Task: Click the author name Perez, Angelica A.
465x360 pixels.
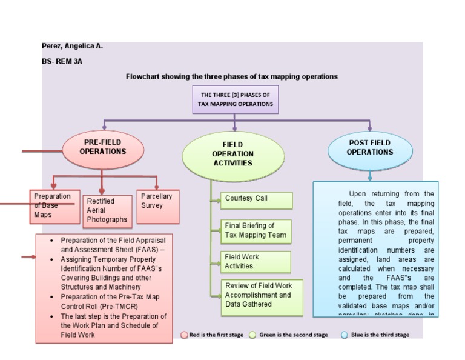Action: coord(72,46)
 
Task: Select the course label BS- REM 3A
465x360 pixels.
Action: coord(62,61)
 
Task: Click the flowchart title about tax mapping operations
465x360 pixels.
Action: coord(231,77)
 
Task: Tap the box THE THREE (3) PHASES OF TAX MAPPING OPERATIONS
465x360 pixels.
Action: coord(236,99)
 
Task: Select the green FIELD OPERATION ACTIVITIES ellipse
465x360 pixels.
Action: coord(232,154)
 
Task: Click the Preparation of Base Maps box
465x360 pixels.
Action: coord(53,205)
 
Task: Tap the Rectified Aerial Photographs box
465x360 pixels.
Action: coord(107,210)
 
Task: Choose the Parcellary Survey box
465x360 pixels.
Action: coord(157,201)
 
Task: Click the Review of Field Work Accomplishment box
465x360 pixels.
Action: coord(261,295)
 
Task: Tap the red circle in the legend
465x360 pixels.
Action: coord(185,335)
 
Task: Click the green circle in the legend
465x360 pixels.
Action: coord(252,335)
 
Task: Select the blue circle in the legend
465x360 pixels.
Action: coord(345,335)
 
